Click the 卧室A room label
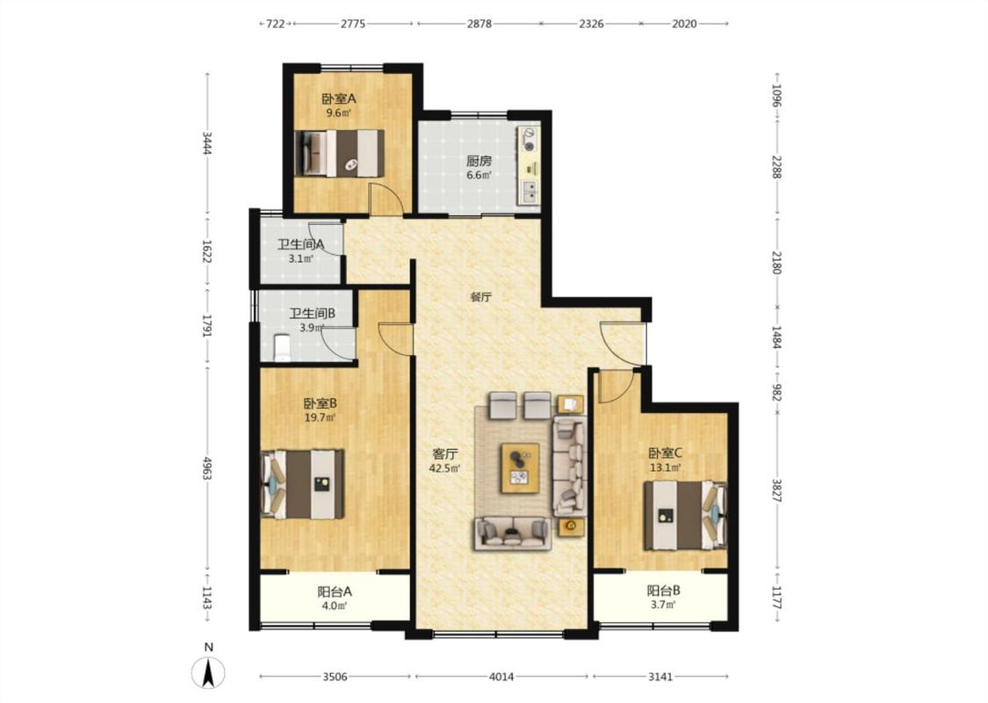338,98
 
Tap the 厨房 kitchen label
479,161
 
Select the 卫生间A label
300,244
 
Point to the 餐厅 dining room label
480,297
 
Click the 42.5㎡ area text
445,468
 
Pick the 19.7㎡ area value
320,417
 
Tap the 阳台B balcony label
664,591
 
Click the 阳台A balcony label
334,591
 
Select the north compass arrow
208,671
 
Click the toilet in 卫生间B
282,348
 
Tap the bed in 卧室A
340,153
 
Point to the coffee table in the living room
520,467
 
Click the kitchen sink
530,192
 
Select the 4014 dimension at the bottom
501,678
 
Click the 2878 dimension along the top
479,24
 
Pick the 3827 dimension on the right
776,489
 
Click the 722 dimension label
276,24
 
